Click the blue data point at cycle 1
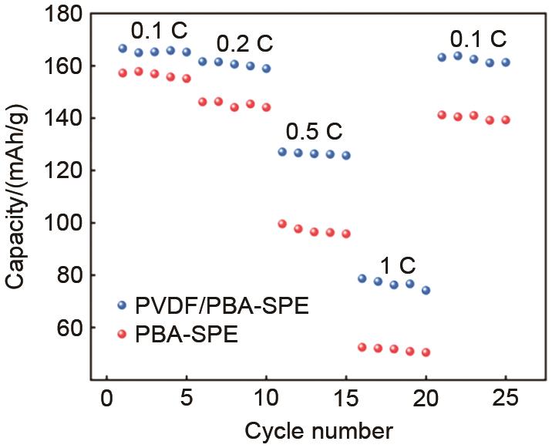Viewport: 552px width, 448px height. pyautogui.click(x=123, y=49)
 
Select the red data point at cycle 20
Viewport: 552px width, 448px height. pyautogui.click(x=426, y=352)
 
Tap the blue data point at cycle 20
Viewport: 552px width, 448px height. pyautogui.click(x=426, y=291)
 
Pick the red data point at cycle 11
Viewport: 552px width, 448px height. pyautogui.click(x=282, y=224)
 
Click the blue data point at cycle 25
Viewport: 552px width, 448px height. pyautogui.click(x=506, y=62)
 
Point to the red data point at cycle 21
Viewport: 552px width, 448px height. pyautogui.click(x=442, y=115)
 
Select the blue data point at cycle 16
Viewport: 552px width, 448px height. pyautogui.click(x=362, y=278)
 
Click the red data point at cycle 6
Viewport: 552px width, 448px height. pyautogui.click(x=203, y=102)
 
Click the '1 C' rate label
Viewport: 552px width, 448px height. pyautogui.click(x=396, y=266)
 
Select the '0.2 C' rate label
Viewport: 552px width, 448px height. pyautogui.click(x=244, y=42)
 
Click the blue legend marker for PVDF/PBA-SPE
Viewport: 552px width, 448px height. pyautogui.click(x=122, y=305)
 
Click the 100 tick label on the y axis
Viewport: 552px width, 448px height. pyautogui.click(x=66, y=223)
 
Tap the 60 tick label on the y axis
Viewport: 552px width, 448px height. pyautogui.click(x=72, y=328)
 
